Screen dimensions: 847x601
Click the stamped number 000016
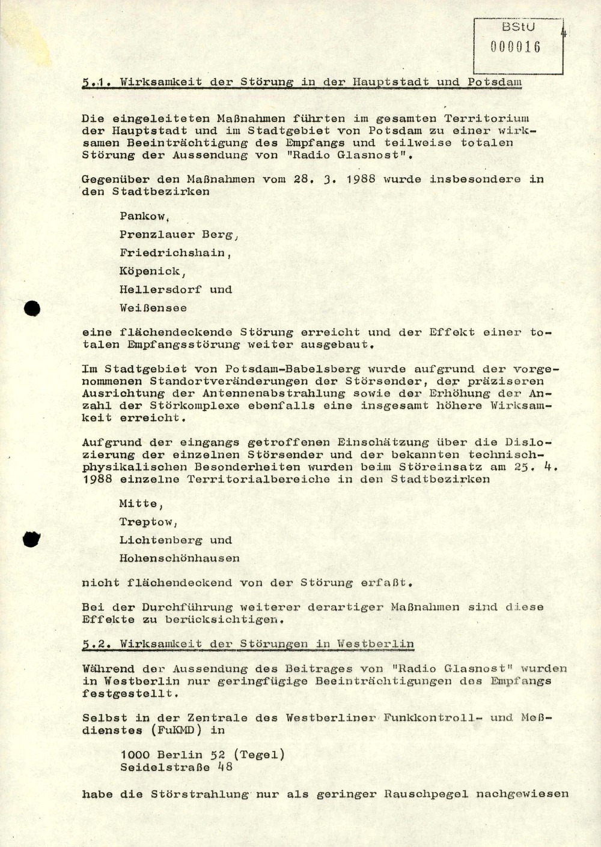(x=516, y=47)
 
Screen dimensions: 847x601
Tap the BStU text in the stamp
(x=518, y=27)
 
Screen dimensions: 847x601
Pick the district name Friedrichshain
(x=174, y=253)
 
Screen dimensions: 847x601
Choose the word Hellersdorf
(x=160, y=289)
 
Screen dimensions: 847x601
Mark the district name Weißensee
(x=153, y=308)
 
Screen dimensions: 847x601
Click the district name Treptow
(x=147, y=522)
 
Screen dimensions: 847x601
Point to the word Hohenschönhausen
(x=179, y=558)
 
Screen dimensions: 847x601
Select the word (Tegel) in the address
(x=258, y=755)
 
